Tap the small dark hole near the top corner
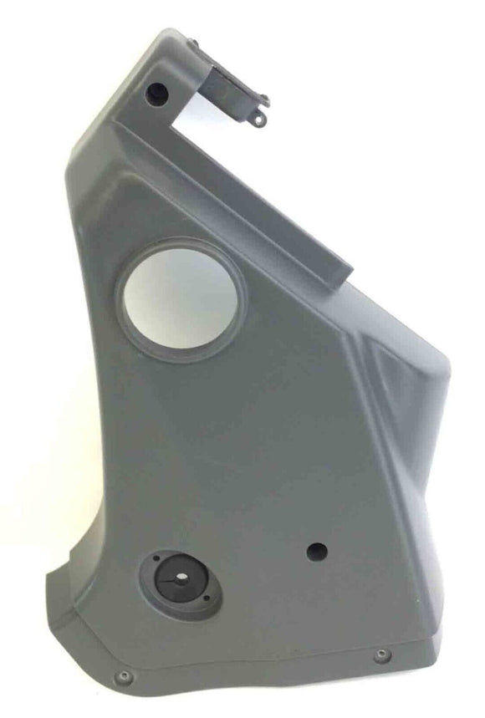coord(155,92)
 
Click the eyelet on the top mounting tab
coord(259,120)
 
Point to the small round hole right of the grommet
coord(316,552)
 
